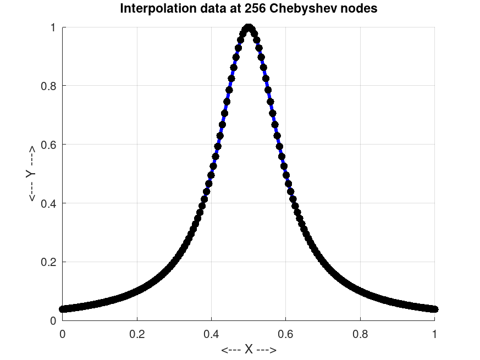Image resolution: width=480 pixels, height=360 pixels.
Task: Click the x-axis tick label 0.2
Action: [x=137, y=333]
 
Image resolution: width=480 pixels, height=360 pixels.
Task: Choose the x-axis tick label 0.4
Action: [x=211, y=333]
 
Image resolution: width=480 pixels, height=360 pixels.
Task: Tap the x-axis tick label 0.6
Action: [x=286, y=333]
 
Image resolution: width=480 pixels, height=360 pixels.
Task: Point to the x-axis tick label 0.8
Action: [x=360, y=333]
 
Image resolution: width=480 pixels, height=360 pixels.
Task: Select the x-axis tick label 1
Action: [x=434, y=333]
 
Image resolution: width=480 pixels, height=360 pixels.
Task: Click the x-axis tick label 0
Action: [x=62, y=333]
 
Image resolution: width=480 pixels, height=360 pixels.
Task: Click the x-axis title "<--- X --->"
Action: [x=249, y=350]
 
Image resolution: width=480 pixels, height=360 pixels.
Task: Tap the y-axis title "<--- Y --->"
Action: [x=31, y=174]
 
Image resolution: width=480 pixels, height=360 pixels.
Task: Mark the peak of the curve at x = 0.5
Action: [x=249, y=27]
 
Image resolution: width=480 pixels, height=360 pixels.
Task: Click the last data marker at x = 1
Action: [x=434, y=309]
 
